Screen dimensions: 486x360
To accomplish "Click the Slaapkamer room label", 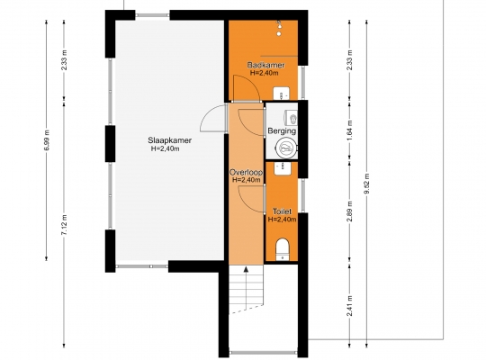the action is click(169, 140).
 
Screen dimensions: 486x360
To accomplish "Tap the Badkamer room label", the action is click(265, 65).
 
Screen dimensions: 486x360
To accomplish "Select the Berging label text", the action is click(282, 130).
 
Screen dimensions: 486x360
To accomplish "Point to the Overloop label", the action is click(246, 173).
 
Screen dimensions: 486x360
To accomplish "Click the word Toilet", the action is click(282, 211).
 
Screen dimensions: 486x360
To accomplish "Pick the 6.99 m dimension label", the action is click(47, 140).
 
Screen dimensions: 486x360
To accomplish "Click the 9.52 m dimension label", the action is click(367, 184).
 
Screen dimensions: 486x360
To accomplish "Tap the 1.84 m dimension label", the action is click(349, 130).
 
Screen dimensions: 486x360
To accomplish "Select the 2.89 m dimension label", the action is click(349, 211).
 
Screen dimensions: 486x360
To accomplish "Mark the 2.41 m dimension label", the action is click(349, 305).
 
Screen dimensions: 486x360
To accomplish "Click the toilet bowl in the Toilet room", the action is click(282, 248).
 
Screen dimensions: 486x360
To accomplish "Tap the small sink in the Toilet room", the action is click(283, 168).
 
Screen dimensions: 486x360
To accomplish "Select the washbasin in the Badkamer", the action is click(281, 94).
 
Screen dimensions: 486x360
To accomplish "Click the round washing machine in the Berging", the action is click(287, 148).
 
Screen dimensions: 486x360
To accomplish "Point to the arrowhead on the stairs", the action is click(246, 269).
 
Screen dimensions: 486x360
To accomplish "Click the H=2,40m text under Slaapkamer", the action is click(165, 148).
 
